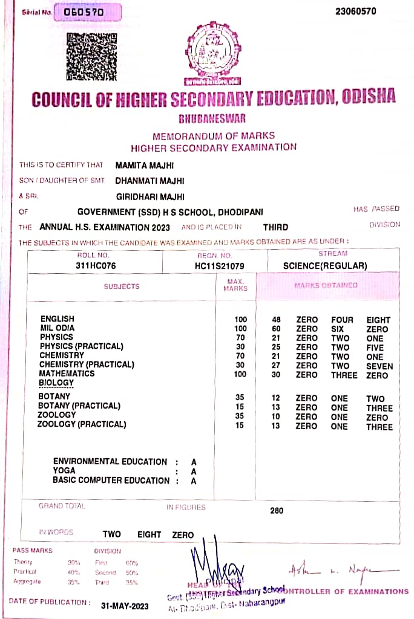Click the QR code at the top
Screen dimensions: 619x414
pos(91,56)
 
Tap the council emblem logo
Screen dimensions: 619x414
pos(212,53)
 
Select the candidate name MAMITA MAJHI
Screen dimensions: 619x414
pos(145,165)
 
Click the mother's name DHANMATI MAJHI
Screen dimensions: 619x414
pos(149,180)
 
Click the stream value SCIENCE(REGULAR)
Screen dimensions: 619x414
pos(325,265)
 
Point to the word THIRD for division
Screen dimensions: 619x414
pos(275,227)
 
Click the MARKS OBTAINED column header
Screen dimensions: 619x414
pos(326,285)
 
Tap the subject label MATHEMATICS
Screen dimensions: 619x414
pos(67,374)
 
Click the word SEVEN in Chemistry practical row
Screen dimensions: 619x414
pos(379,366)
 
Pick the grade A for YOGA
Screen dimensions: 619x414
pos(194,471)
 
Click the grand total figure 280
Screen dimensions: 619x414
pos(277,511)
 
